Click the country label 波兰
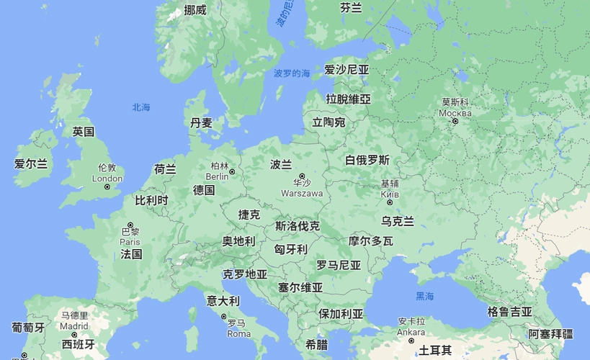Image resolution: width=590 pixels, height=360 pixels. [281, 164]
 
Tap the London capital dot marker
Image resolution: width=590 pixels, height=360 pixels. [107, 187]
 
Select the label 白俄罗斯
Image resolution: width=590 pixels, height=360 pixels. [367, 160]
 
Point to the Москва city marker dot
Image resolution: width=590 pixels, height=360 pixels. [455, 122]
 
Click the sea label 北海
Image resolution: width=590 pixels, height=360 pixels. [141, 107]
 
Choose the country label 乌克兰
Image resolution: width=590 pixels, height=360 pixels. [398, 220]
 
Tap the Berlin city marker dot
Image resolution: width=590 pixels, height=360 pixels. [232, 172]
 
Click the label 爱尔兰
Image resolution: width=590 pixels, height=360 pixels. [31, 164]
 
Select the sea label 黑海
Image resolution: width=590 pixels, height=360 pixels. [425, 297]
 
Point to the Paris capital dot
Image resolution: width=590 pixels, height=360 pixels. [130, 224]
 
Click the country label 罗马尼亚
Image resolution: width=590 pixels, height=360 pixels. [339, 265]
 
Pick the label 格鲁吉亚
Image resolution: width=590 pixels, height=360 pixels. [509, 312]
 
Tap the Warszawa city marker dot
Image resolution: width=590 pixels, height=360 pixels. [303, 176]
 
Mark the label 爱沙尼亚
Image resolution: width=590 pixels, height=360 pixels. [347, 70]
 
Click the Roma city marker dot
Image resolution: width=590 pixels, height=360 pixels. [224, 316]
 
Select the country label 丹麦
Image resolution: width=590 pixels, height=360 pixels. [201, 123]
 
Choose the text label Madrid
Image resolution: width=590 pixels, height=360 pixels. [74, 325]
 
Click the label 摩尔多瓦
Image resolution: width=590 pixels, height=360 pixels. [370, 241]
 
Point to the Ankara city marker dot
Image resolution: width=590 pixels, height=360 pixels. [411, 341]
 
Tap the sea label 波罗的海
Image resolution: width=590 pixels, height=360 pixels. [292, 73]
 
